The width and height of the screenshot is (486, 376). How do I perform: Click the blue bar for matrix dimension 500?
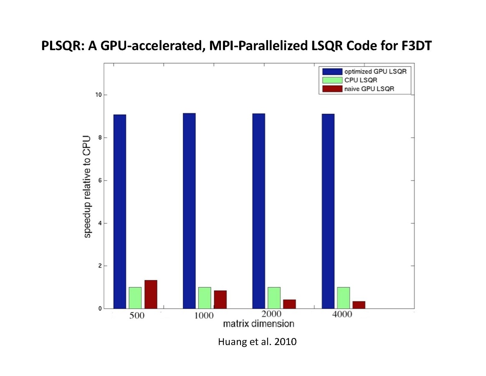pos(119,211)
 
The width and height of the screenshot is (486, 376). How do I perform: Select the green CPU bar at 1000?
pos(205,298)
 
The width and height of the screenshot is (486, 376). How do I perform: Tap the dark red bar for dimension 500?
pos(151,294)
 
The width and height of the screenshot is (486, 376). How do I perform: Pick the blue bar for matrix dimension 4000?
pos(328,211)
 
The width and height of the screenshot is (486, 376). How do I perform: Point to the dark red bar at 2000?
pos(289,304)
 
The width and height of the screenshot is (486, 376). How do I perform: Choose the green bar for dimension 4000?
pos(343,298)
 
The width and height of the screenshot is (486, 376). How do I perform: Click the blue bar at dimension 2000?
pos(258,211)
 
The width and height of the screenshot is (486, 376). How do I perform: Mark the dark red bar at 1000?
pos(220,299)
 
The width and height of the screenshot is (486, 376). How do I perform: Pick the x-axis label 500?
pos(136,315)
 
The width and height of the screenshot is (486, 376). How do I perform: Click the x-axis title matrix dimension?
pos(258,324)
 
